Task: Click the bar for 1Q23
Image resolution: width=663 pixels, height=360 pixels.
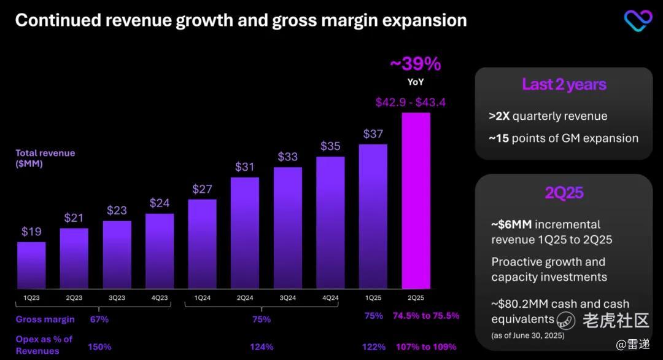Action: [x=31, y=265]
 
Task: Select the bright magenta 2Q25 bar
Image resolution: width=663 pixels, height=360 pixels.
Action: [x=416, y=200]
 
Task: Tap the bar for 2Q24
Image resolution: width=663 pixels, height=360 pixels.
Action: [x=245, y=233]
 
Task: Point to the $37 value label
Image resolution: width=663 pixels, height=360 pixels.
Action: [x=373, y=134]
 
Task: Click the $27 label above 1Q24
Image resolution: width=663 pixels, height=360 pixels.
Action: [x=202, y=189]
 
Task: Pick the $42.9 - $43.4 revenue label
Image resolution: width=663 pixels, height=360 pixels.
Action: [x=411, y=103]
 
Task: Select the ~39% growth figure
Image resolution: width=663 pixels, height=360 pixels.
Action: [x=416, y=64]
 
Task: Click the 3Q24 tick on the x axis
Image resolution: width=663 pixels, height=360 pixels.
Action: [x=287, y=298]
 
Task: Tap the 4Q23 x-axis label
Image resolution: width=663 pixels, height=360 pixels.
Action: [x=160, y=298]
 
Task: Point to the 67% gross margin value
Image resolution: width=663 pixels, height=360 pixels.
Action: [x=99, y=319]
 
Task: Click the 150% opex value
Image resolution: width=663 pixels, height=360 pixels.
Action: [x=99, y=347]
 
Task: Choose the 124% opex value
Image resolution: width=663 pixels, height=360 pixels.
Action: [x=262, y=347]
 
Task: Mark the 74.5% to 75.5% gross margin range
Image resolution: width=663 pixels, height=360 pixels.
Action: [x=426, y=316]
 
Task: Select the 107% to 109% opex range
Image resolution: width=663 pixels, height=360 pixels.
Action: [x=425, y=347]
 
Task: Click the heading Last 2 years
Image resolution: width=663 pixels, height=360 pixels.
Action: [x=564, y=84]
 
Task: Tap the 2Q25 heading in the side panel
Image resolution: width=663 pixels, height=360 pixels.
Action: [x=564, y=193]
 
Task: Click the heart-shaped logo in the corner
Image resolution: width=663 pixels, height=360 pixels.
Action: [x=638, y=20]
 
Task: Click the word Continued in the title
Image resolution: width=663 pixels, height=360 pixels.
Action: [x=56, y=20]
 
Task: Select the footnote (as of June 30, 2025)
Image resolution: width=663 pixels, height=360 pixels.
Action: [x=528, y=335]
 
